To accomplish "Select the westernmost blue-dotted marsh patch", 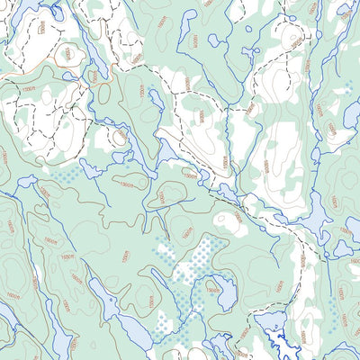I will pos(67,176).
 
